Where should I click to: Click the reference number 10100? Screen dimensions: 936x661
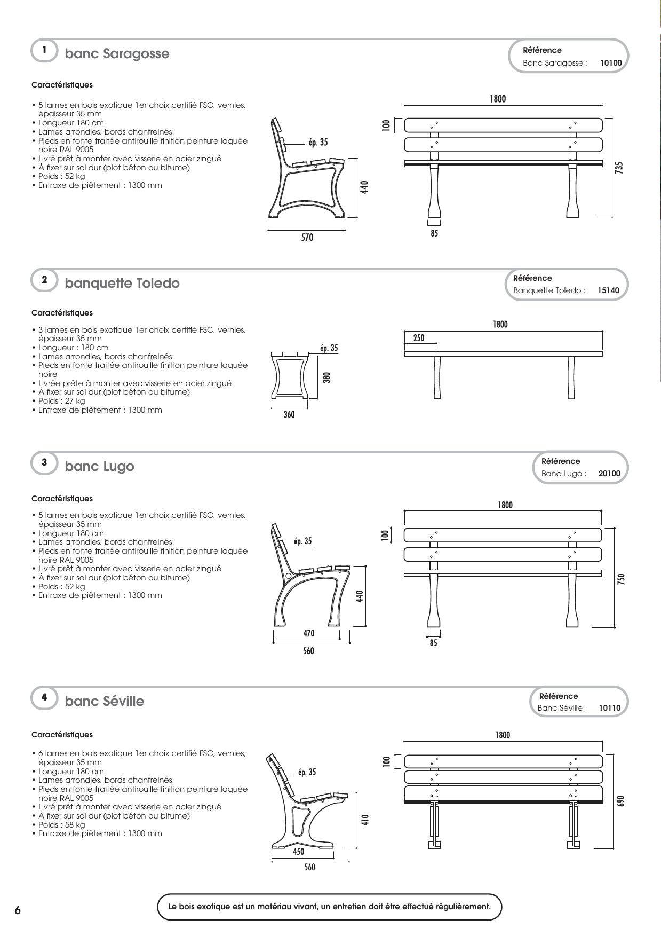pos(611,63)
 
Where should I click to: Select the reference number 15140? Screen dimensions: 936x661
pos(608,290)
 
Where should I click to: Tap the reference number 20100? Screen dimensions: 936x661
pos(609,474)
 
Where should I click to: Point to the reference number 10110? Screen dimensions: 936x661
pos(610,708)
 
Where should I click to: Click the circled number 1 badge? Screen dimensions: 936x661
pos(44,50)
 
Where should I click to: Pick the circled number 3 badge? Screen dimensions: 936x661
pos(44,462)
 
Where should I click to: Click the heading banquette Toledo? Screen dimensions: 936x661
pos(122,283)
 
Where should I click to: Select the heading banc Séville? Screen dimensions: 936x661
pos(105,701)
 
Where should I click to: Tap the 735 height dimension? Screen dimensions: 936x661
pos(619,168)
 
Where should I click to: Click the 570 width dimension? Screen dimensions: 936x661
pos(307,237)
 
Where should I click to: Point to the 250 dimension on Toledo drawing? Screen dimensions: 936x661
pos(419,338)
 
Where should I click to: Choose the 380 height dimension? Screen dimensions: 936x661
pos(327,377)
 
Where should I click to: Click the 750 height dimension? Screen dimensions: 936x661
pos(621,579)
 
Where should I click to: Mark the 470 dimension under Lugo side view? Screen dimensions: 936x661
pos(309,633)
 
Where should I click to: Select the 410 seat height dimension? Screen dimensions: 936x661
pos(365,820)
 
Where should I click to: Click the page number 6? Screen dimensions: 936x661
pos(18,910)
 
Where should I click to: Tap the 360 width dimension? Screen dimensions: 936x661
pos(289,414)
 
